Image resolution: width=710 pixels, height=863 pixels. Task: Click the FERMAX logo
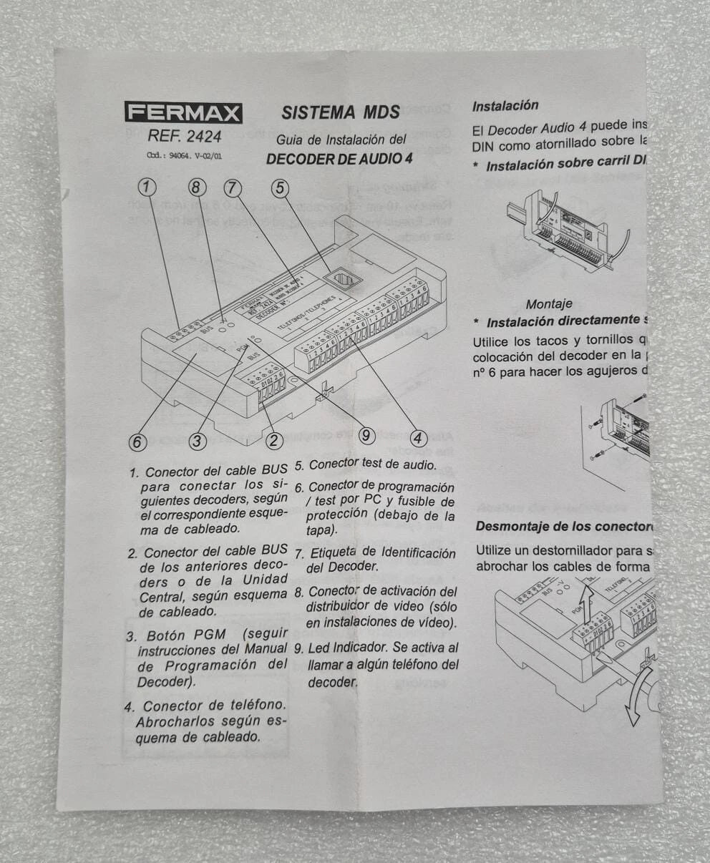(183, 113)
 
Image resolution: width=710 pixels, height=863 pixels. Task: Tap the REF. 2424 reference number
(185, 136)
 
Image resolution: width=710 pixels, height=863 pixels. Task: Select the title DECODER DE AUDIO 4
(339, 159)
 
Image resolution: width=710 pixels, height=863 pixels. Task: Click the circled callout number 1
(147, 187)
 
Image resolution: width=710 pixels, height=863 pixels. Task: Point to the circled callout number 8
(198, 187)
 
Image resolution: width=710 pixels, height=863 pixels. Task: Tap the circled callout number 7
(233, 187)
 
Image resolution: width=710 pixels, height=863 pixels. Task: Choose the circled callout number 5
(281, 187)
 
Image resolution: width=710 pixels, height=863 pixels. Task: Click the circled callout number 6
(137, 442)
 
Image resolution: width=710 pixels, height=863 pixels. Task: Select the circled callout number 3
(198, 442)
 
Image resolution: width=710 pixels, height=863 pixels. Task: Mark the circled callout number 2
(274, 440)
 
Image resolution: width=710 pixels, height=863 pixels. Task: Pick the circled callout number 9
(366, 434)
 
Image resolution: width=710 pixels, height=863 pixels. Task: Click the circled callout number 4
(419, 439)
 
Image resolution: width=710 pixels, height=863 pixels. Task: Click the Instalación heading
(505, 106)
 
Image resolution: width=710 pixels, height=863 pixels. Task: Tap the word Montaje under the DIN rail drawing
(550, 304)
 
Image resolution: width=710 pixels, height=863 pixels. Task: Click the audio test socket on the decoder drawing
(339, 278)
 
